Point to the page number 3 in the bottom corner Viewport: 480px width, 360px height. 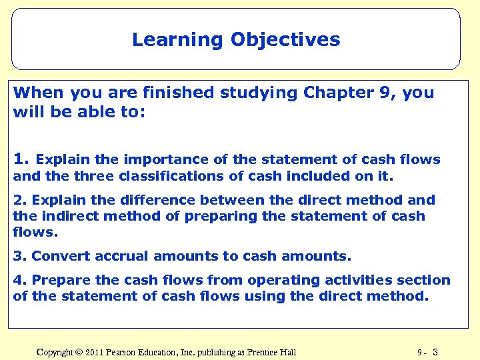point(435,352)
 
